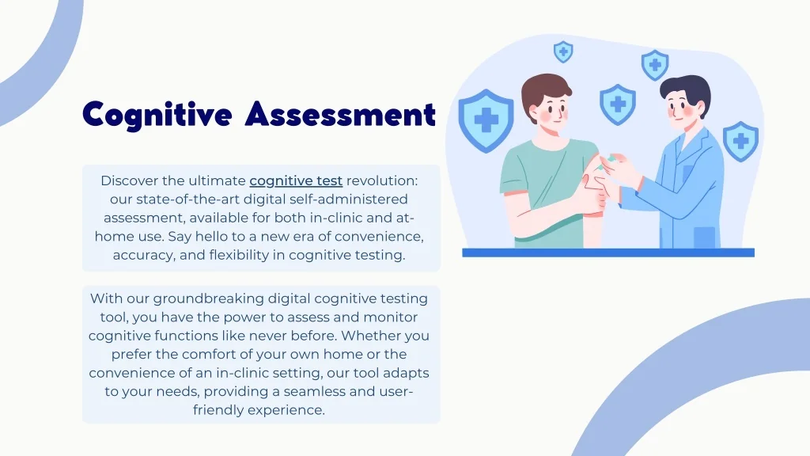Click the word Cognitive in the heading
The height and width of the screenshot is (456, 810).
click(x=157, y=115)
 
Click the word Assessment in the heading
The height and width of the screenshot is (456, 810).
click(x=340, y=114)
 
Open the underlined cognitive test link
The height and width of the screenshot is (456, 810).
click(x=296, y=181)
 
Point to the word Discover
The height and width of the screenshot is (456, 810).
click(x=129, y=180)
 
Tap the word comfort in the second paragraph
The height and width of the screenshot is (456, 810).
click(x=206, y=354)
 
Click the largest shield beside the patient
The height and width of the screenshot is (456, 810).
click(x=486, y=120)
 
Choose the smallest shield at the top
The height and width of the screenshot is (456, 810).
click(x=563, y=51)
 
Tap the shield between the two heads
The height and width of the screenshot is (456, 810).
click(x=618, y=104)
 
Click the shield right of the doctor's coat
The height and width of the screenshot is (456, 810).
click(x=740, y=141)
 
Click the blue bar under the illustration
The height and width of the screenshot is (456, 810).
click(x=608, y=253)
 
